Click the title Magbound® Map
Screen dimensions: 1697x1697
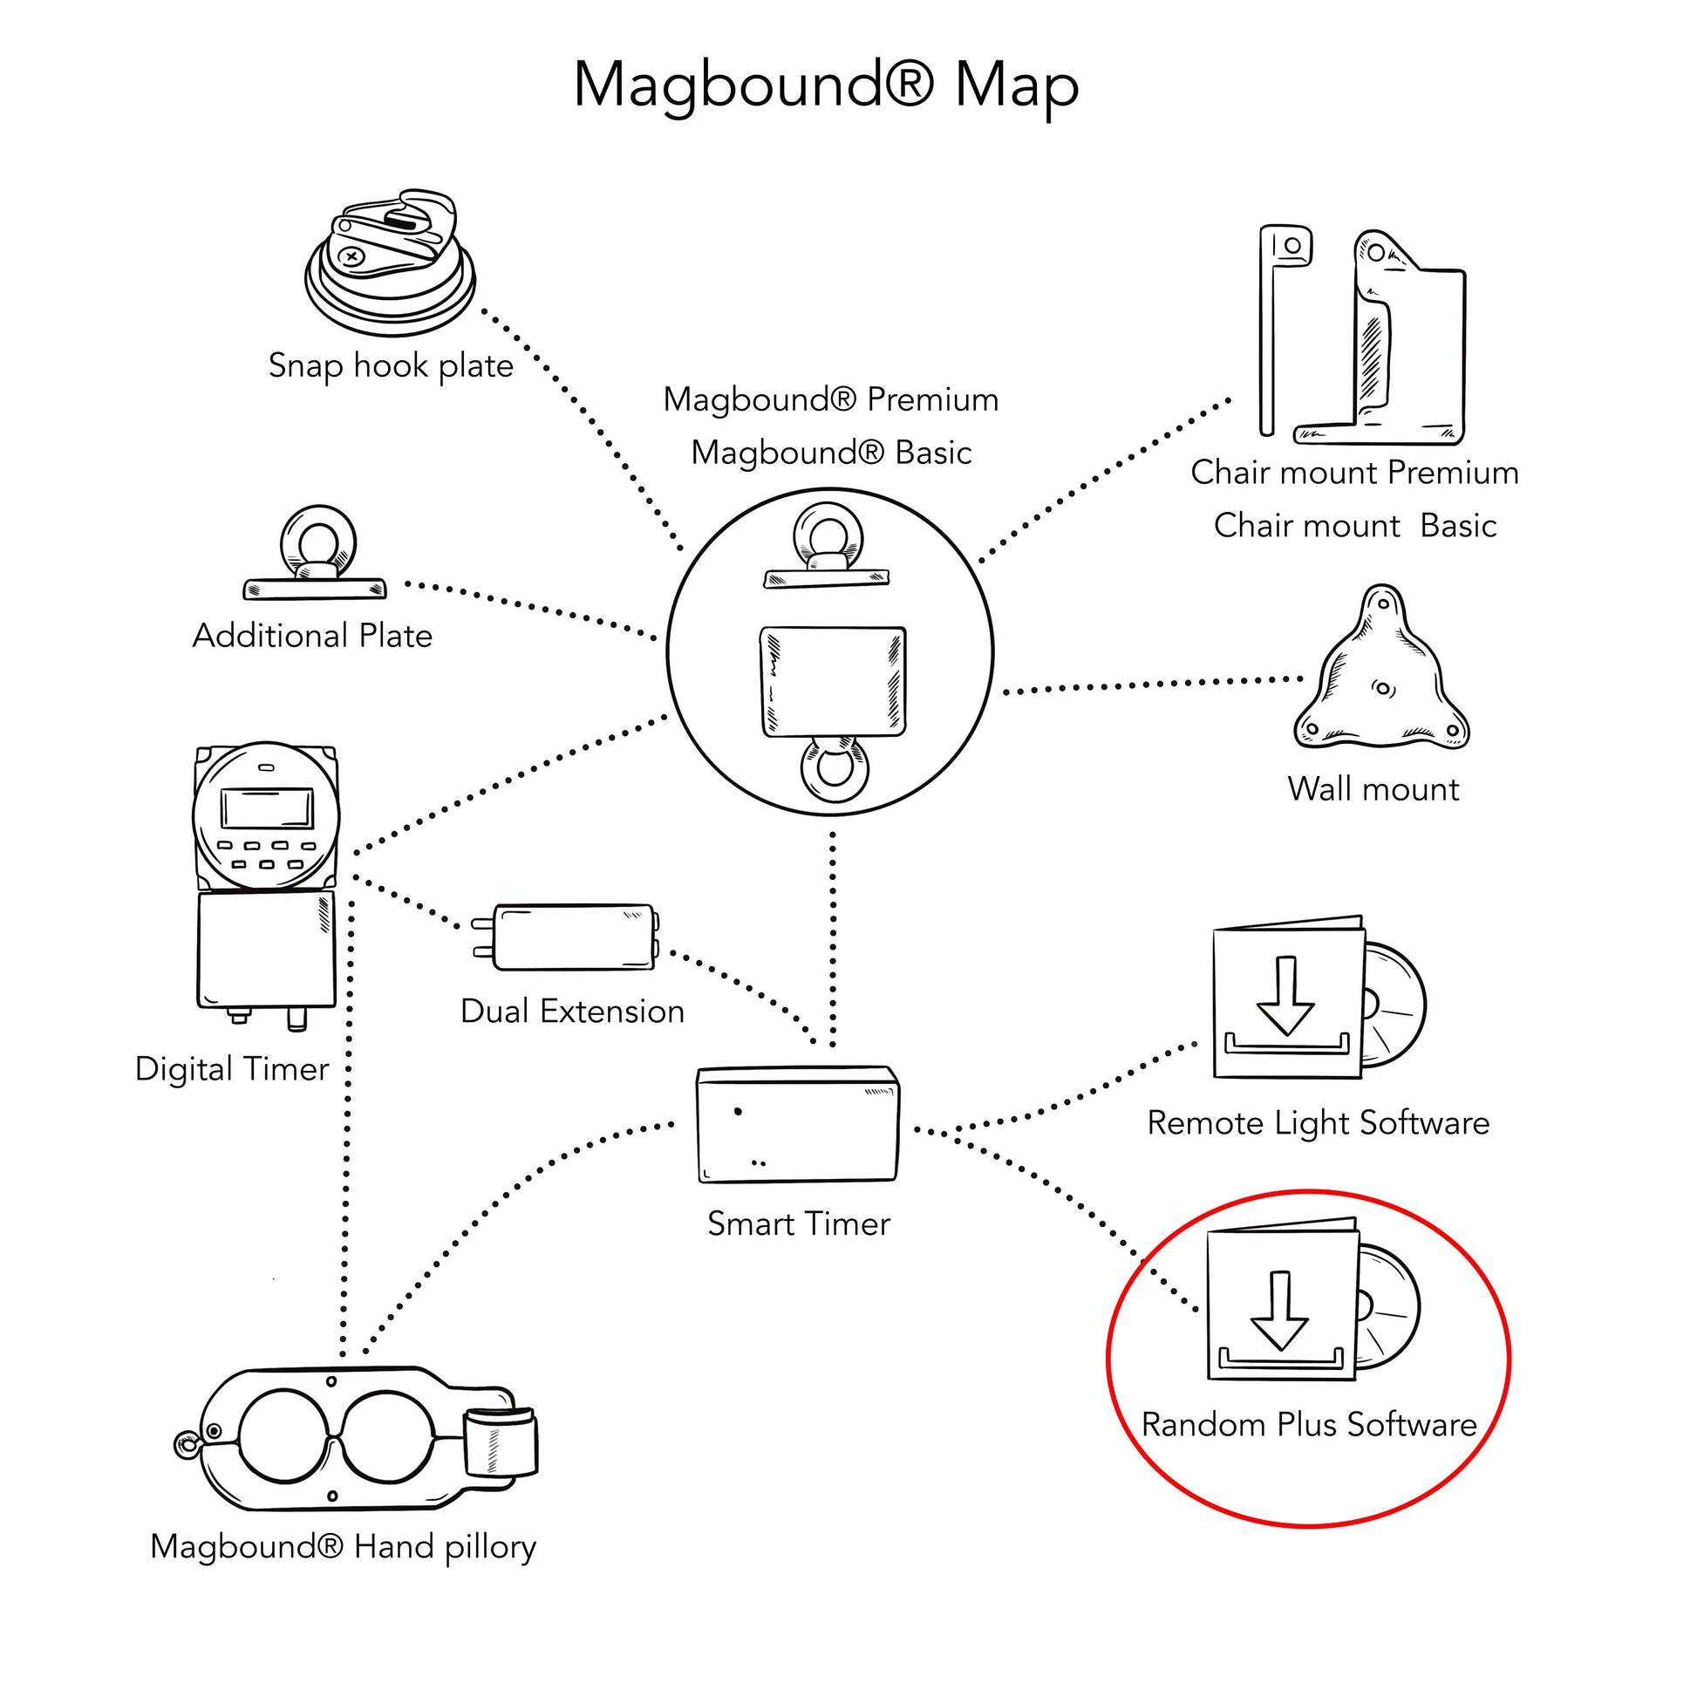pos(826,86)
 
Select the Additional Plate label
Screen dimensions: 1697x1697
pos(313,636)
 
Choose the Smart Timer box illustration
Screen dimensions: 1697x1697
pos(798,1125)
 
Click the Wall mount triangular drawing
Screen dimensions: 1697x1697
pos(1380,677)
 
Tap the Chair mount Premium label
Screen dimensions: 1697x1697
pos(1354,473)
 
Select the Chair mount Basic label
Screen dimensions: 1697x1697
pos(1354,526)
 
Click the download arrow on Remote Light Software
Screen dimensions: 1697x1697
pos(1286,997)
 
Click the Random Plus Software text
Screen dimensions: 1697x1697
pos(1309,1425)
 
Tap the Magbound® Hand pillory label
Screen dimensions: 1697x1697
pos(344,1547)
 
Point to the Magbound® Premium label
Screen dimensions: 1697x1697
pos(831,399)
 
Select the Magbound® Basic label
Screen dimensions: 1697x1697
pos(831,453)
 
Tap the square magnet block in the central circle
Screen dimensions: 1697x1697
pos(833,682)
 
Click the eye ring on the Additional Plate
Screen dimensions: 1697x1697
pos(318,537)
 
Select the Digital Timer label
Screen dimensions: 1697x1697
pos(232,1069)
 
